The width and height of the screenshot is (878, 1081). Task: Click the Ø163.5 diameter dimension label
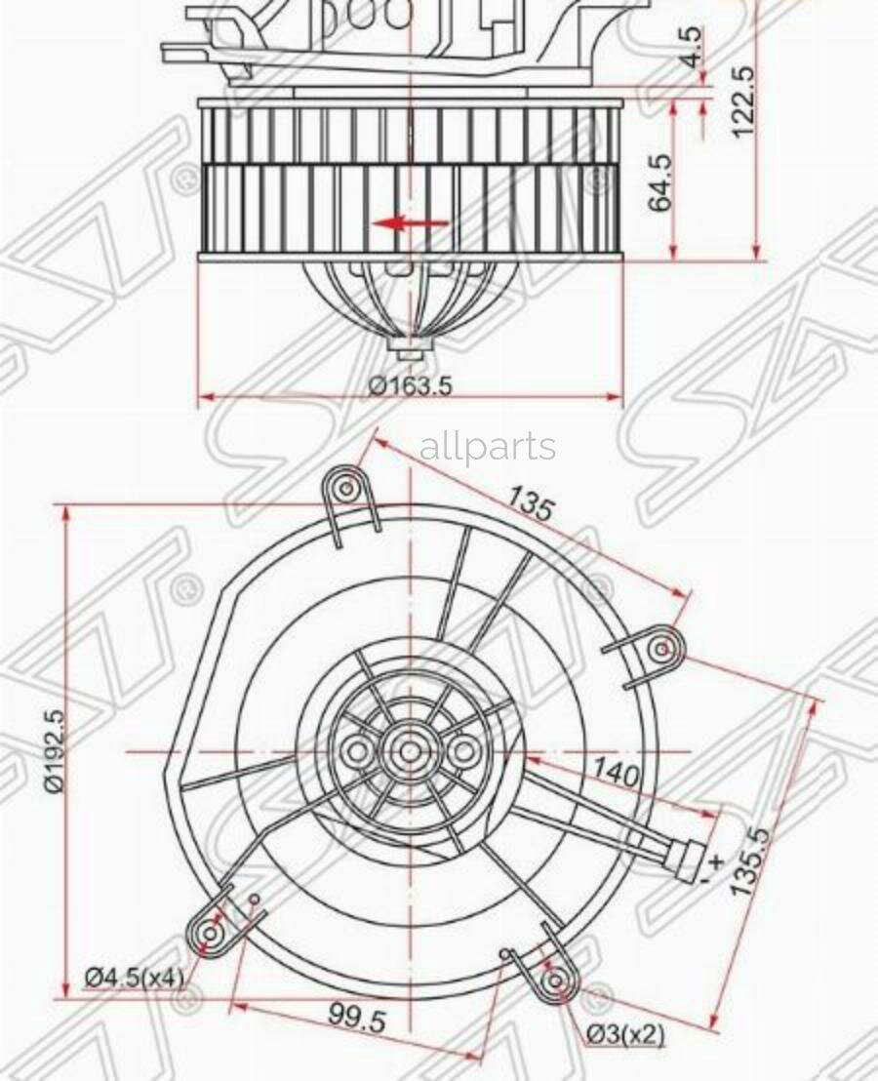point(410,384)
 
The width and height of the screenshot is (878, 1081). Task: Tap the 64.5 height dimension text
point(660,182)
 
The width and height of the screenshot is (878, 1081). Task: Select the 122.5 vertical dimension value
point(742,100)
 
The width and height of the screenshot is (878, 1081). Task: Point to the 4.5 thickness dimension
point(692,45)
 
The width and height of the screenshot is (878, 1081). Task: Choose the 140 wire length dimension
point(616,774)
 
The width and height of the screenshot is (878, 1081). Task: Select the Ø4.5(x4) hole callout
point(135,977)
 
